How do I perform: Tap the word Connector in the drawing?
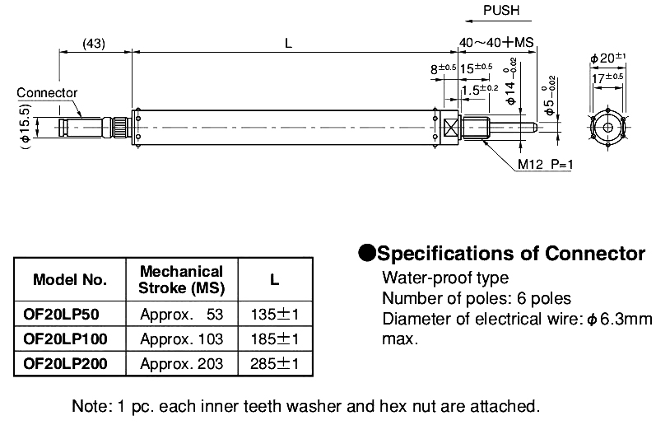tap(47, 93)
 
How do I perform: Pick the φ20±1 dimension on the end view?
tap(608, 58)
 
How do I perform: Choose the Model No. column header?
tap(70, 280)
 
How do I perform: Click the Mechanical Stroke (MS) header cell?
tap(180, 280)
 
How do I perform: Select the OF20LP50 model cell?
tap(65, 314)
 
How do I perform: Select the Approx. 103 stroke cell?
tap(180, 338)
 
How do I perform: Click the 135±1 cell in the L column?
tap(273, 314)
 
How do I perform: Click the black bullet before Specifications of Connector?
tap(366, 252)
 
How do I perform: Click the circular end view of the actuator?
tap(608, 127)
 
